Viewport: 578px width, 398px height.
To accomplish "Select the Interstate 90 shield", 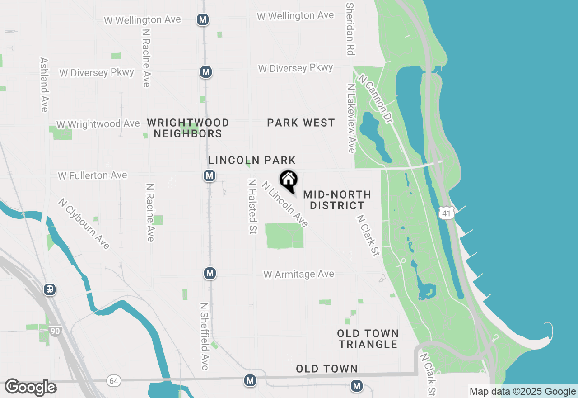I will click(x=55, y=331).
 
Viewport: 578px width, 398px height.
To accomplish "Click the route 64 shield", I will click(x=114, y=381).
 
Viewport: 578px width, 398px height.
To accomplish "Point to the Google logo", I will click(x=30, y=387).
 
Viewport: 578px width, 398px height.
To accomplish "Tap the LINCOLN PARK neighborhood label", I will click(x=252, y=160).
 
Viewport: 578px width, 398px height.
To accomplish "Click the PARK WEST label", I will click(x=301, y=123).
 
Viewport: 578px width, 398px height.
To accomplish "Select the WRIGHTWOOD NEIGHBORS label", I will click(x=188, y=128).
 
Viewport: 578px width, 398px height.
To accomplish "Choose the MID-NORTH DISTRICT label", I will click(x=337, y=200).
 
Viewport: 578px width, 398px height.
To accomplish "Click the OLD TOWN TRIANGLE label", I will click(x=368, y=339).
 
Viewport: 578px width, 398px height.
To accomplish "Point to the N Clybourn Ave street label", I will click(x=84, y=223).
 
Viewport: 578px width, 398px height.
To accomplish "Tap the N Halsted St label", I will click(x=252, y=206).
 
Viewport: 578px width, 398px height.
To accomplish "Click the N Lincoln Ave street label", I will click(x=284, y=204).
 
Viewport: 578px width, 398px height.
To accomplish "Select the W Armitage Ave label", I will click(x=299, y=274).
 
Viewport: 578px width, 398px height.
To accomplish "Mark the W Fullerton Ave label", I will click(x=93, y=175).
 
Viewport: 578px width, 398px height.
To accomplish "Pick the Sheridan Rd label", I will click(x=350, y=28).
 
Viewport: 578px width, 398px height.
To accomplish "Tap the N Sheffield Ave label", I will click(x=204, y=336).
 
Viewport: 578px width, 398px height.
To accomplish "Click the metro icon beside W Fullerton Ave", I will click(x=209, y=175).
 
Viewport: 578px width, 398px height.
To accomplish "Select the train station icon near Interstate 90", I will click(x=50, y=289).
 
